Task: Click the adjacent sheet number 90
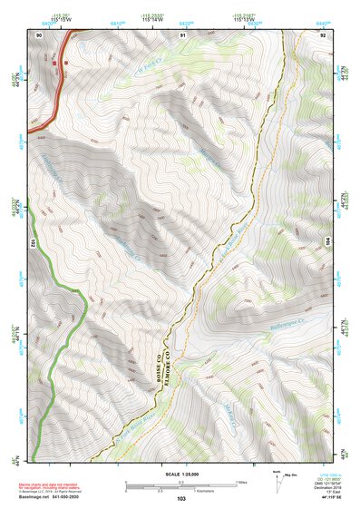(x=39, y=34)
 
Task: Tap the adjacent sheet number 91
(x=182, y=34)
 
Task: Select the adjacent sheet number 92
(x=323, y=34)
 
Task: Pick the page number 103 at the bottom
(x=181, y=499)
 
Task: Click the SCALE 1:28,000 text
(x=181, y=474)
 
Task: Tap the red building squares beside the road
(x=57, y=64)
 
